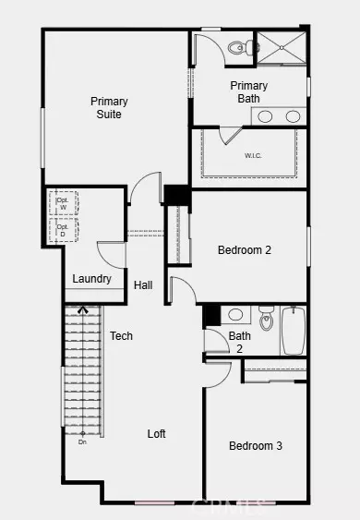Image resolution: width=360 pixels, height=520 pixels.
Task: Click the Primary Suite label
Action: (x=108, y=107)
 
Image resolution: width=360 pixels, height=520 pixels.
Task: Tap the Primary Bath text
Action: (x=249, y=92)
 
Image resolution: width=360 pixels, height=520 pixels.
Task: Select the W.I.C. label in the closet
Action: (x=254, y=155)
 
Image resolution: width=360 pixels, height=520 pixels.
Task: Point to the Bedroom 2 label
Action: (x=244, y=249)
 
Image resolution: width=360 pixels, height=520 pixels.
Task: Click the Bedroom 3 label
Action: (x=256, y=446)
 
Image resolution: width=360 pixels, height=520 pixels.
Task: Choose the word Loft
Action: (x=157, y=433)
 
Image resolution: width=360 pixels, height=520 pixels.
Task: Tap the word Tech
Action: (x=121, y=336)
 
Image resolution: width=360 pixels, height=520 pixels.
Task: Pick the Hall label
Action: (x=143, y=285)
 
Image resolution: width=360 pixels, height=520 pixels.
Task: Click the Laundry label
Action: (x=92, y=279)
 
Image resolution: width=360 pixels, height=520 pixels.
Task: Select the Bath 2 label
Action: (x=240, y=342)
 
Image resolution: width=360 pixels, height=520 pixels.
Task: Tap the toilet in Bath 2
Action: (x=267, y=320)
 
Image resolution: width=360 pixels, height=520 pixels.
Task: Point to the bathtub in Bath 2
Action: (x=294, y=332)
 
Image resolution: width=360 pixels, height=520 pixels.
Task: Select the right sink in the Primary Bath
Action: (x=293, y=116)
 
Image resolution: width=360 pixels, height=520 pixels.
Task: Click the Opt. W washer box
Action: (x=65, y=203)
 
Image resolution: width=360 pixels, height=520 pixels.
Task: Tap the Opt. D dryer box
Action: (x=65, y=231)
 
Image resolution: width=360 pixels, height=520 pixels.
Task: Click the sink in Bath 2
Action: (x=234, y=314)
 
